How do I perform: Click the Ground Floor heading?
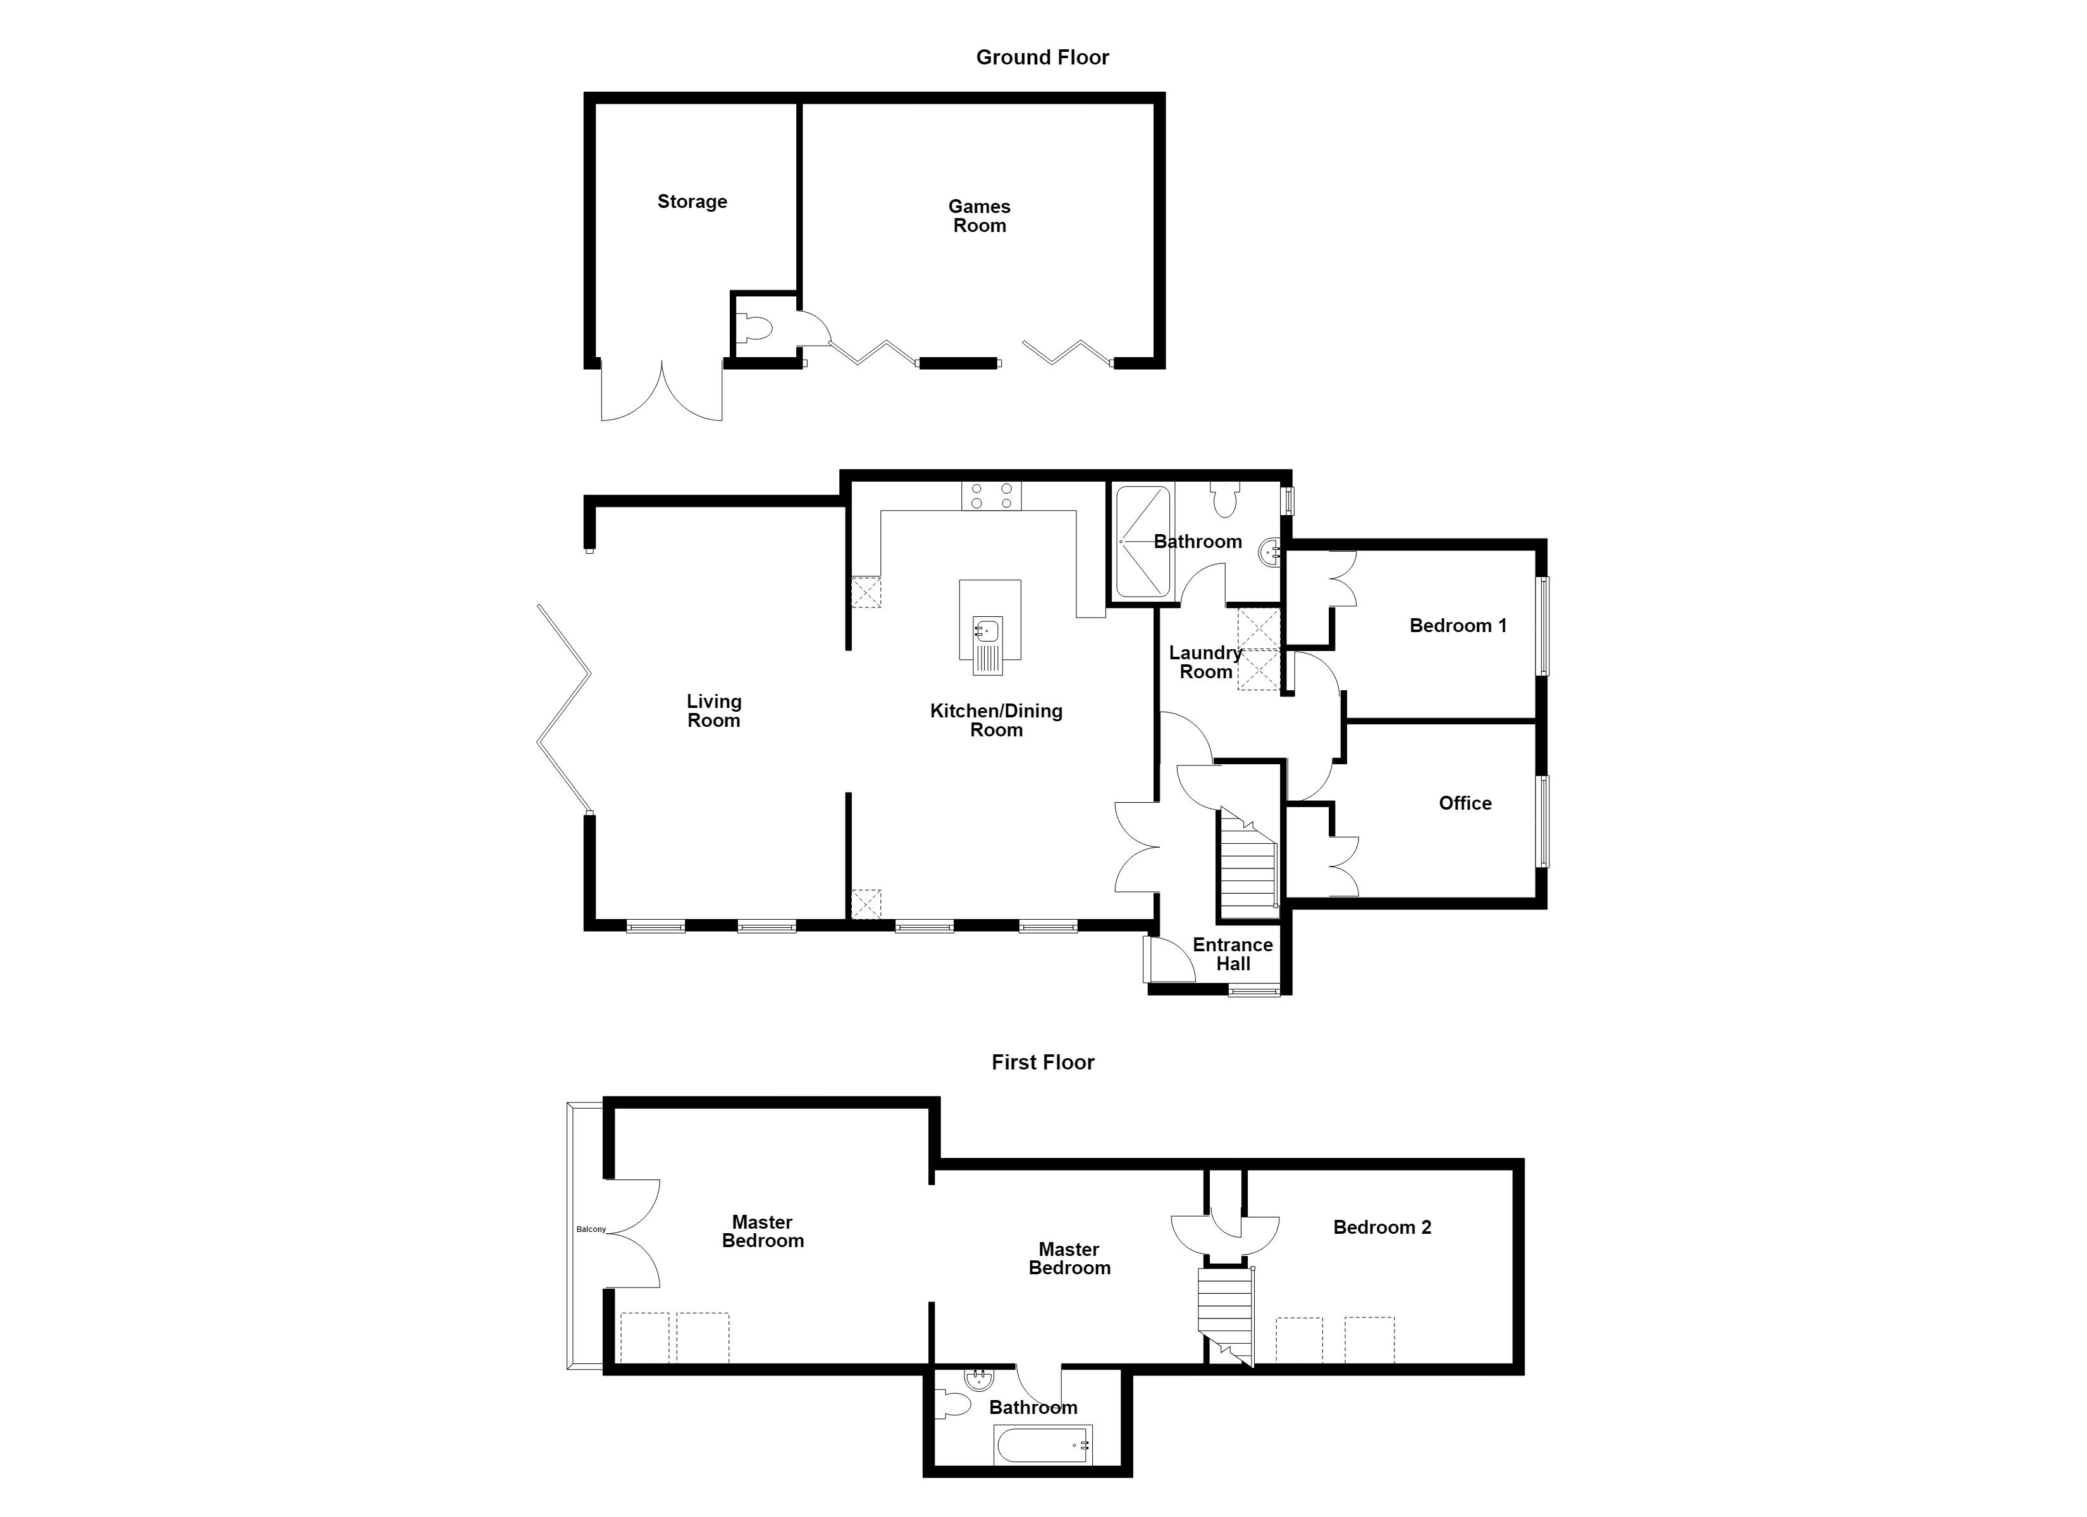click(1043, 57)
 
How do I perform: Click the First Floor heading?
click(1043, 1063)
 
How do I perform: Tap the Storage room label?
click(692, 202)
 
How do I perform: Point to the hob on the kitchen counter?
click(992, 497)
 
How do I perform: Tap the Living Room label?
click(714, 711)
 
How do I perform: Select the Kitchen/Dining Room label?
click(997, 721)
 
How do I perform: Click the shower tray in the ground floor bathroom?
click(1144, 542)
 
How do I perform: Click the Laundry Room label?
click(1205, 662)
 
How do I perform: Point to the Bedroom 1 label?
click(1458, 626)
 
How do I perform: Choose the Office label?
click(1465, 803)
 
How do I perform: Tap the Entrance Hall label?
click(1233, 954)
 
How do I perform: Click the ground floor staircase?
click(1248, 863)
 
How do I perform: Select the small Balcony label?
click(591, 1229)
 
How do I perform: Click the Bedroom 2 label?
click(1382, 1228)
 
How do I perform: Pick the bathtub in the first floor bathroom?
click(1043, 1444)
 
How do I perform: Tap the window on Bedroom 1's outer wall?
click(1542, 626)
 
